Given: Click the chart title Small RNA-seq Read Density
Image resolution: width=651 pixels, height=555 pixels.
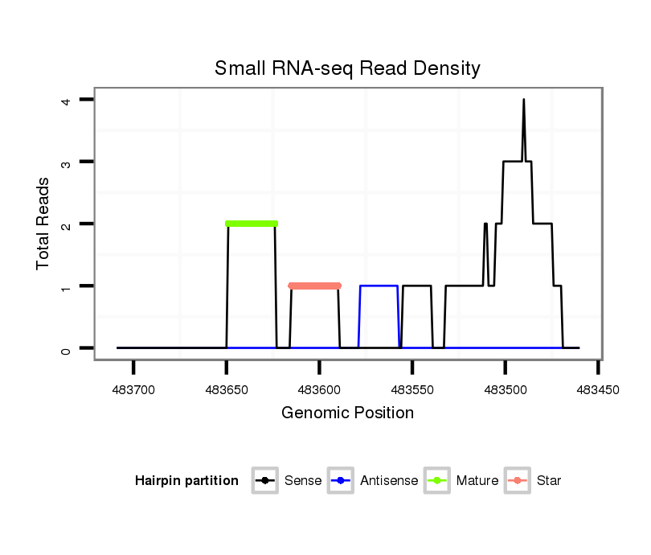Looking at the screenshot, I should coord(347,68).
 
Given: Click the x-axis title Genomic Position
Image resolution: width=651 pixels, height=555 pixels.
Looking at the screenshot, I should coord(347,413).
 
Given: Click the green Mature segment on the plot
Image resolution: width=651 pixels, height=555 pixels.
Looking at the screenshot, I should coord(252,224).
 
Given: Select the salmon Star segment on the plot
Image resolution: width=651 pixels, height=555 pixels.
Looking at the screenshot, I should coord(315,286).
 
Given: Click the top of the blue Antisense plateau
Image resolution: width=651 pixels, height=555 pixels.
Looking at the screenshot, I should coord(379,286).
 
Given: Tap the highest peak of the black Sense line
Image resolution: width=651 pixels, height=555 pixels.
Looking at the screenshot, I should coord(524,101).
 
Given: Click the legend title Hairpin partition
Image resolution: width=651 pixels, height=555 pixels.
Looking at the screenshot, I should coord(187,481).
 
